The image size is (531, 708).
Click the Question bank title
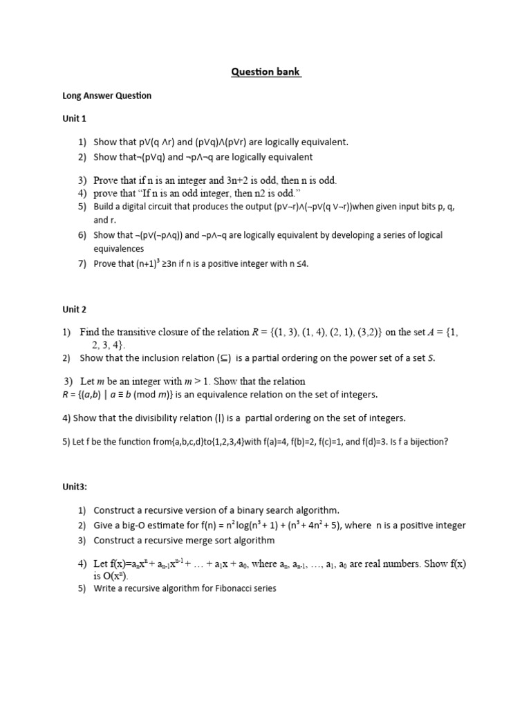point(265,73)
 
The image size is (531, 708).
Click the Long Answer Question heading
point(106,95)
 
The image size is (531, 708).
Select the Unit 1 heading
point(74,119)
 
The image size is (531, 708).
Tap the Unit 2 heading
point(74,309)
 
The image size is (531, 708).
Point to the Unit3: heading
point(75,486)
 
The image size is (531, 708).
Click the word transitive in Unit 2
point(144,332)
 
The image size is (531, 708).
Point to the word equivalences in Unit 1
point(119,248)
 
